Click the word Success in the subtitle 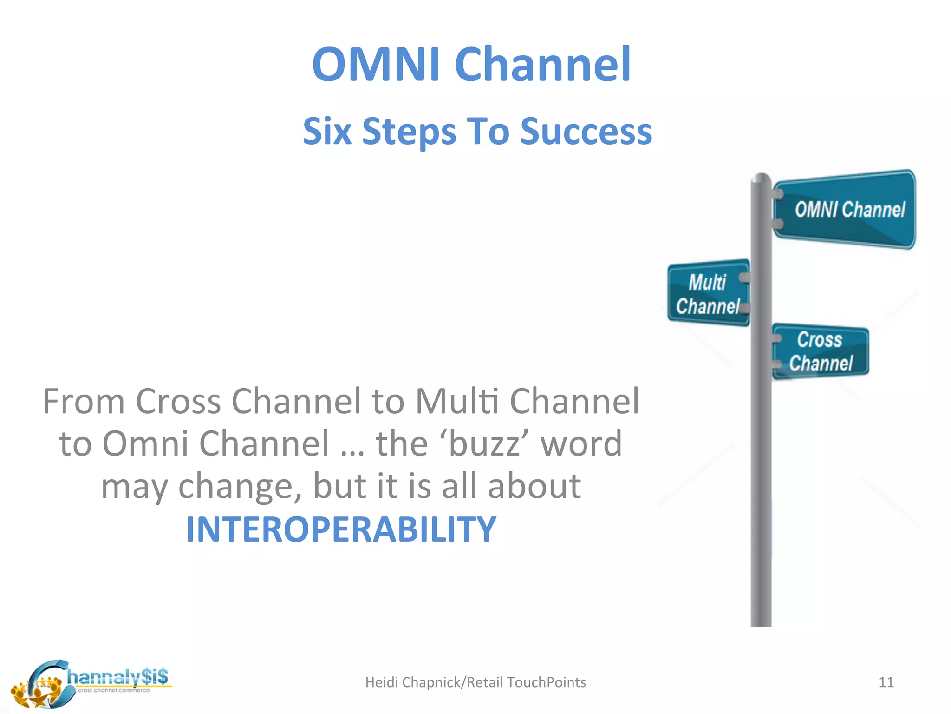pos(586,131)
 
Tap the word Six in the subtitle pos(327,131)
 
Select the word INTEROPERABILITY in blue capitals pos(341,529)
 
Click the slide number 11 pos(886,682)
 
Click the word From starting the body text pos(84,401)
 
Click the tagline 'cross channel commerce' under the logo pos(114,690)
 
